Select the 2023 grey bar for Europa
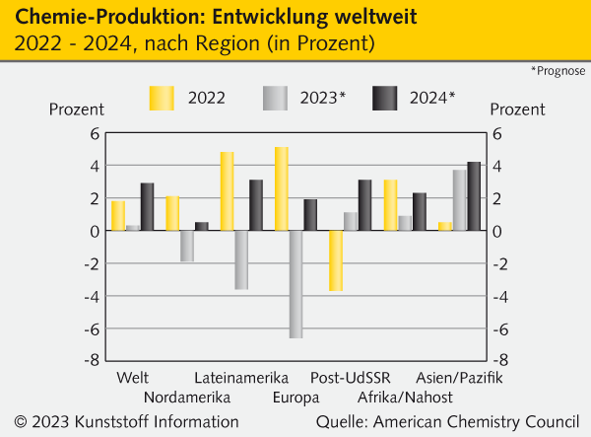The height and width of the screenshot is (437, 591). [x=295, y=284]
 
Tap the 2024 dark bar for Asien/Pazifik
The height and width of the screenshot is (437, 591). [x=474, y=196]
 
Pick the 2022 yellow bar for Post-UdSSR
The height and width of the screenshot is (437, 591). [x=336, y=260]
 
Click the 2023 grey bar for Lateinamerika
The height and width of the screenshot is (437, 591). [x=241, y=259]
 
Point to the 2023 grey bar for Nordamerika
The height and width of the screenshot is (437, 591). [x=187, y=246]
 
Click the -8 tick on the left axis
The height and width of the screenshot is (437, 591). [x=94, y=360]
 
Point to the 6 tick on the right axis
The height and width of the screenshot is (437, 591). [x=497, y=134]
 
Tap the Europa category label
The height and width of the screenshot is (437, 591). [x=296, y=397]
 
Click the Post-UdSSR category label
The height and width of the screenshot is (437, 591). [x=351, y=378]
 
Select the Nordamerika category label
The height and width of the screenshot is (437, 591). [x=186, y=397]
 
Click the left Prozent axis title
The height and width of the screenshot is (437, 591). [x=77, y=109]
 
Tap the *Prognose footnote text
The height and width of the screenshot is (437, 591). [x=558, y=71]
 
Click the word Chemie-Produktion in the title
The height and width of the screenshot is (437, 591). [x=90, y=17]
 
